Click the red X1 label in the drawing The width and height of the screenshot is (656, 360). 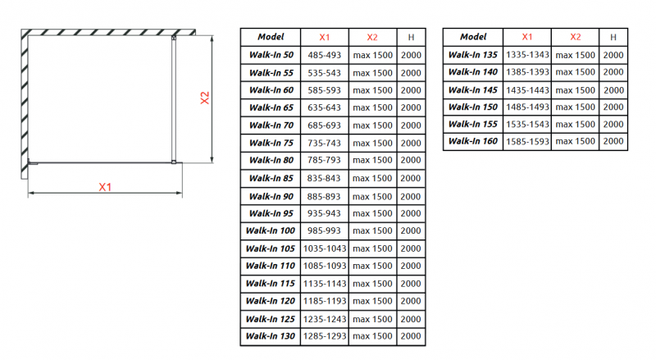coord(105,188)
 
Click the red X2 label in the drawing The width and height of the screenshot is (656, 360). coord(206,98)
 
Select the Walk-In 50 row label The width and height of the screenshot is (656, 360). coord(271,55)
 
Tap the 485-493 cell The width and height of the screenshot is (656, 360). coord(325,55)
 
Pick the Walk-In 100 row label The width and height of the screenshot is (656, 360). coord(271,230)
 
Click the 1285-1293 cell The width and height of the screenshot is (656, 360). coord(325,336)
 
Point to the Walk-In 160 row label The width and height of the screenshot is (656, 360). coord(473,142)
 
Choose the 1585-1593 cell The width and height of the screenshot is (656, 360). coord(527,142)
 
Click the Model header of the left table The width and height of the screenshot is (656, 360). coord(271,37)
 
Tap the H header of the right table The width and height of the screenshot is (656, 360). coord(613,37)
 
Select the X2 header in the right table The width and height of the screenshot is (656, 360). coord(575,37)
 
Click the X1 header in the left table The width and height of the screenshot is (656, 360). coord(325,37)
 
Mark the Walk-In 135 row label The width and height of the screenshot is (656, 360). coord(473,55)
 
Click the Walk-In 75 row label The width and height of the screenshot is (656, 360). coord(271,143)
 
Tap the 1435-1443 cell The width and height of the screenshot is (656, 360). coord(527,90)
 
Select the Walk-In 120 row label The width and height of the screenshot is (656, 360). coord(271,301)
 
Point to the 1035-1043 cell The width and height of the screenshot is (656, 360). coord(325,248)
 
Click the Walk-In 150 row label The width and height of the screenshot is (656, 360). coord(473,107)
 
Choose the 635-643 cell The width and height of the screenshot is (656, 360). coord(325,107)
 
